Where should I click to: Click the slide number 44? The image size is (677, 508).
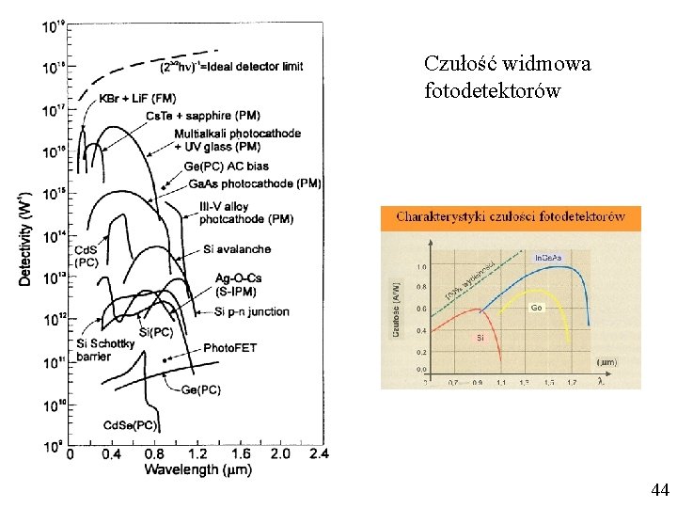(x=659, y=489)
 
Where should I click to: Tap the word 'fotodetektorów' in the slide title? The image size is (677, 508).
(x=492, y=91)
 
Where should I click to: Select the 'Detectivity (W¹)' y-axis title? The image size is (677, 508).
(x=25, y=237)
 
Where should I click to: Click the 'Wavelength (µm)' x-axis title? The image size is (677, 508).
(x=197, y=468)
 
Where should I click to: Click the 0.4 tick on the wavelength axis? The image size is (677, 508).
(x=111, y=454)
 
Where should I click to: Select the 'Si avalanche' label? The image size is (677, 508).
(x=236, y=249)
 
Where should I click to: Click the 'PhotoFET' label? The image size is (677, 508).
(x=229, y=348)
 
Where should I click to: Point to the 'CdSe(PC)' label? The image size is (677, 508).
(x=131, y=425)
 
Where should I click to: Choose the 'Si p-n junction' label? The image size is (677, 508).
(x=252, y=311)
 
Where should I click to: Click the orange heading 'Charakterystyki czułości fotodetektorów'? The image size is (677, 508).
(x=510, y=216)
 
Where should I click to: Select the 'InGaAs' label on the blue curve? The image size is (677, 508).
(x=549, y=257)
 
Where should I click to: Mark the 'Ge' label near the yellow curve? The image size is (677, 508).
(x=536, y=308)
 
